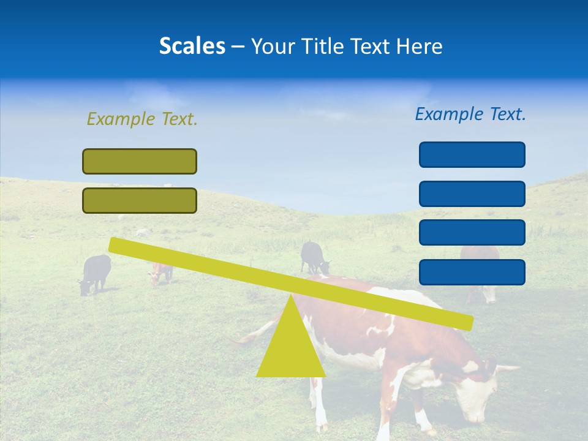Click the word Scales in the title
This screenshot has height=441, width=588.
(x=192, y=46)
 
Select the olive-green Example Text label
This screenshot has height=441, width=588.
(x=142, y=119)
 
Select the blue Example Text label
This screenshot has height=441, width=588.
(x=470, y=114)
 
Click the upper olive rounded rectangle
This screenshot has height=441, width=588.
(x=140, y=162)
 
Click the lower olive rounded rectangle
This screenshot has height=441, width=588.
(x=140, y=200)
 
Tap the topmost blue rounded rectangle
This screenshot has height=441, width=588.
(x=472, y=154)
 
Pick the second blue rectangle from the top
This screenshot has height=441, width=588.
(x=472, y=194)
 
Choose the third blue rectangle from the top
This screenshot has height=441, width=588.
(x=472, y=233)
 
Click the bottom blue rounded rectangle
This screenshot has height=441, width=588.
(x=472, y=272)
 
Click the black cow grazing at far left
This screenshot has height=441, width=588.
(x=96, y=273)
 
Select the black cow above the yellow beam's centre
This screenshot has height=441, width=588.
(x=314, y=257)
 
